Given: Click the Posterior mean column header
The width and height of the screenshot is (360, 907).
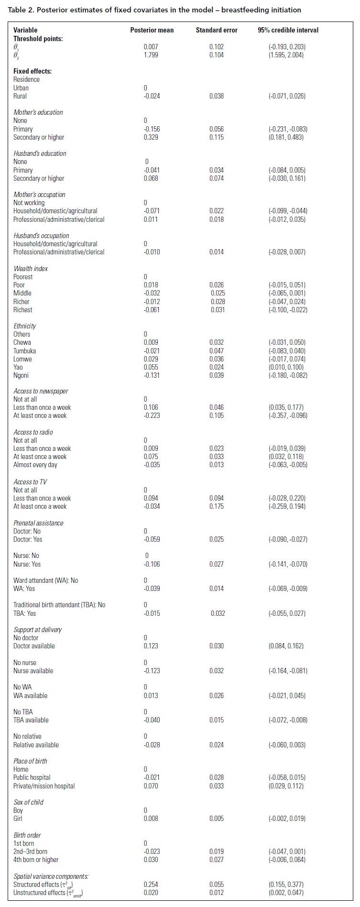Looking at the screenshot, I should coord(152,30).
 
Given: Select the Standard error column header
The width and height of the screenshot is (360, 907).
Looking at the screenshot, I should coord(216,30).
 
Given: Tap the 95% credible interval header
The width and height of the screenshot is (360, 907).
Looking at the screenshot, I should coord(288,30).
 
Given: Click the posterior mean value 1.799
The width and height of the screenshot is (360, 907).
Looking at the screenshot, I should coord(151,55).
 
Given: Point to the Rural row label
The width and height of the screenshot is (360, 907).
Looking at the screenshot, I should coord(20,96).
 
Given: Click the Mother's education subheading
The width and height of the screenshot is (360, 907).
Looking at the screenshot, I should coord(38,112).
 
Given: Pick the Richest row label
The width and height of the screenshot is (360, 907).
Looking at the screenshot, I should coord(23,310).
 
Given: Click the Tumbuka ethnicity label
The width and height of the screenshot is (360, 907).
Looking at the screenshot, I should coord(24,351).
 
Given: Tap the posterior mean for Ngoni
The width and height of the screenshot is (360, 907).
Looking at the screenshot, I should coord(152,375).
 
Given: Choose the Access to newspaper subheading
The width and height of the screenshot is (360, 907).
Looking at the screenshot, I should coord(41,391).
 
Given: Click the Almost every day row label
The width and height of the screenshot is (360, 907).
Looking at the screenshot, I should coord(35,465).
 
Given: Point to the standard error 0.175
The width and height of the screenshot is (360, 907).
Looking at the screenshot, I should coord(216,506).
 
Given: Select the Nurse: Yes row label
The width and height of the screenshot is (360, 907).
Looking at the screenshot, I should coord(27,564).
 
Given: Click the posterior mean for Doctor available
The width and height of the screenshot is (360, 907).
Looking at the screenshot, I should coord(151,646).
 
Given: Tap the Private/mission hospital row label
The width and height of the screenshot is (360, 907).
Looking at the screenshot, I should coord(44,786).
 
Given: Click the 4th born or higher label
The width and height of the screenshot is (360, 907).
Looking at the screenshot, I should coord(36,860).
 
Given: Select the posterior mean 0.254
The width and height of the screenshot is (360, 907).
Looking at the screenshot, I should coord(151,885).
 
